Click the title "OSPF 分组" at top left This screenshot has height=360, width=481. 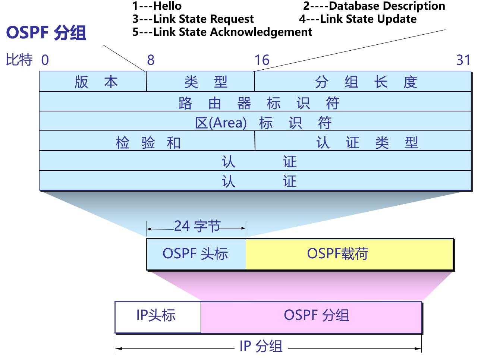click(x=46, y=33)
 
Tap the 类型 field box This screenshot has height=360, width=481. click(x=201, y=81)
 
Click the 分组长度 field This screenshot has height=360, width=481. click(x=363, y=81)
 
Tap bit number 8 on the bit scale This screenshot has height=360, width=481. click(x=151, y=60)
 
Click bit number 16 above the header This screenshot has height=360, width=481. click(x=262, y=60)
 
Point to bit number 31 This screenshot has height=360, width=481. click(x=463, y=60)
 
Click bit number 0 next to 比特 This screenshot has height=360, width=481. click(x=45, y=60)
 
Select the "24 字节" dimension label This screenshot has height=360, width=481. click(x=197, y=226)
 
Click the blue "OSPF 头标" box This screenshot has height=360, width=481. click(x=196, y=254)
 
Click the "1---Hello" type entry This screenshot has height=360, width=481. click(x=157, y=6)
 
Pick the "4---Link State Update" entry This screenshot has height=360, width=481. click(x=358, y=19)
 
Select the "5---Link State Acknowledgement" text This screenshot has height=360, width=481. click(x=222, y=32)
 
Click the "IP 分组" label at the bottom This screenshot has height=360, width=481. click(x=261, y=346)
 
